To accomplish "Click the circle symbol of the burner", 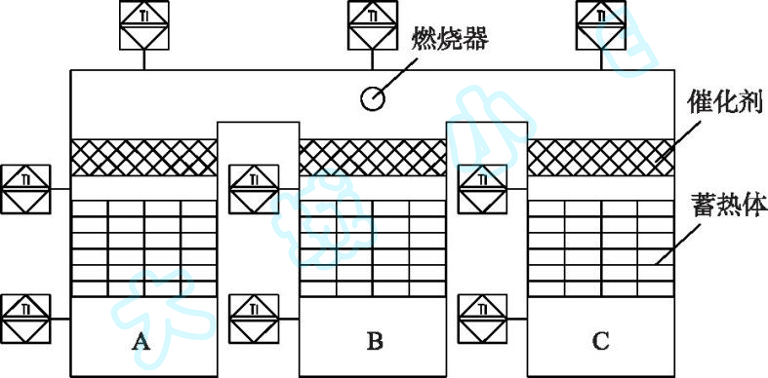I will [x=373, y=97].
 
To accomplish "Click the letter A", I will [x=141, y=341].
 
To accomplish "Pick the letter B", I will [x=375, y=341].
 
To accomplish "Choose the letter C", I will [x=601, y=341].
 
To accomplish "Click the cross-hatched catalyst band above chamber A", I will [x=143, y=158].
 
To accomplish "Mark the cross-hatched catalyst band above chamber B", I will [x=372, y=158].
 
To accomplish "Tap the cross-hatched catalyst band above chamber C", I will [x=600, y=158].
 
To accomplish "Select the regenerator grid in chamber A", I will [x=143, y=247].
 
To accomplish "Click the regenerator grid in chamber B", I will [x=372, y=247].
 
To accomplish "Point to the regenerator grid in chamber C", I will [x=600, y=247].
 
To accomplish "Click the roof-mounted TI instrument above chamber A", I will [x=143, y=24].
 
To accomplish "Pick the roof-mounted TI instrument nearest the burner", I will [x=373, y=24].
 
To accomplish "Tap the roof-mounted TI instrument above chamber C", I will [x=601, y=24].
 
